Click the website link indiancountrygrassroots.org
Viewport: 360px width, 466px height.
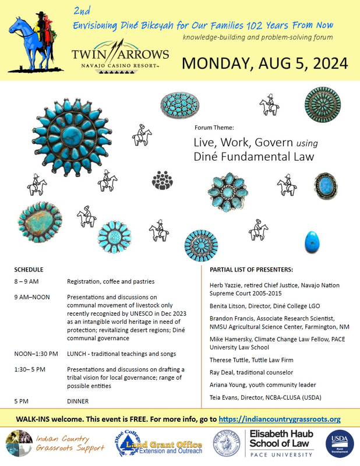point(279,419)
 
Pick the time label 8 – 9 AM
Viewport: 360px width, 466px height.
point(27,281)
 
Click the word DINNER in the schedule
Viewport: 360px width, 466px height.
point(78,401)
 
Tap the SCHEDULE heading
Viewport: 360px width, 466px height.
point(29,270)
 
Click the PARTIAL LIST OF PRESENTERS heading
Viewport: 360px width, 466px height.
point(251,270)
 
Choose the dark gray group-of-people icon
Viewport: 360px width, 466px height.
point(163,180)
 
